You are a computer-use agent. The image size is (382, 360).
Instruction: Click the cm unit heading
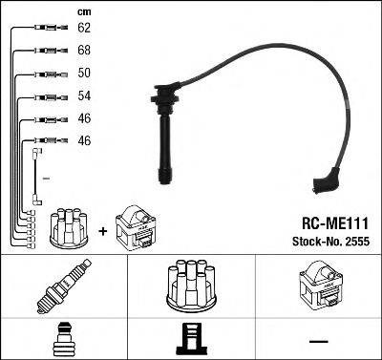[82, 11]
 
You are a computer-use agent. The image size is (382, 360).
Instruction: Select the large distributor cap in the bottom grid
[192, 286]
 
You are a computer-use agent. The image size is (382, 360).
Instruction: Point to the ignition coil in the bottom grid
[321, 287]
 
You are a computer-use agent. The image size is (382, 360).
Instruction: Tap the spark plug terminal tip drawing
[62, 339]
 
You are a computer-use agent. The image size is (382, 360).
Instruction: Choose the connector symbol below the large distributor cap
[191, 338]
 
